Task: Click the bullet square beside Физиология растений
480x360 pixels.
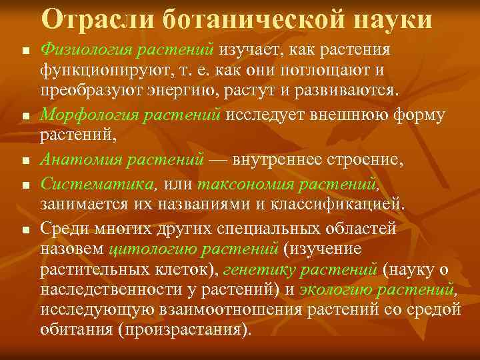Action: pos(25,52)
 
